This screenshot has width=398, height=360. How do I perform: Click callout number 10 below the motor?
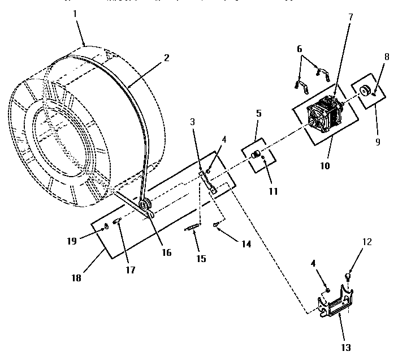[324, 167]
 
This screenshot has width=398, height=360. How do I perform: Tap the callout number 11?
[273, 191]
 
